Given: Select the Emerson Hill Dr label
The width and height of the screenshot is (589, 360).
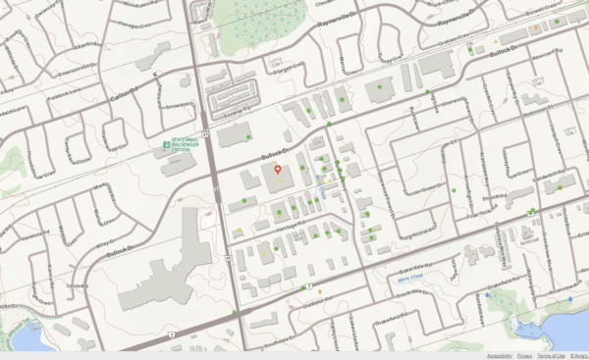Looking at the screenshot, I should coord(81,68).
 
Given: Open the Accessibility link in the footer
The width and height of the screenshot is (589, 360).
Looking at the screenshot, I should coord(499,355).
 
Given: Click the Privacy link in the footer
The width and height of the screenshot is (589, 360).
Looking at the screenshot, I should coord(524,355).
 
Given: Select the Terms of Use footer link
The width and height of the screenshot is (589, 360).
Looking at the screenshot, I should coord(551,355).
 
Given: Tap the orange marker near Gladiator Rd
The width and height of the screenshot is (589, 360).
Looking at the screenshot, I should coord(320,290).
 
